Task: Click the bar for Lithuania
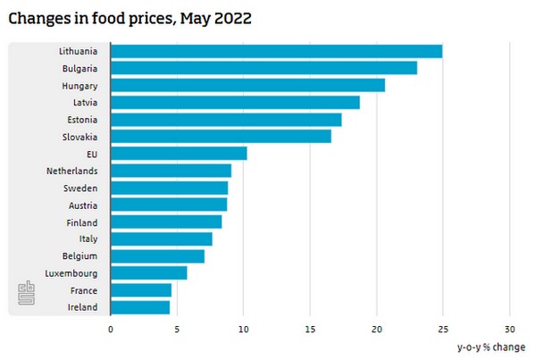click(276, 51)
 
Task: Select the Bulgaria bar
click(264, 68)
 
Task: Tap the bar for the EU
click(179, 154)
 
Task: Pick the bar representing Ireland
click(140, 307)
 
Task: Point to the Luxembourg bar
click(149, 273)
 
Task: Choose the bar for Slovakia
click(221, 137)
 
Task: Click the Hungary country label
click(80, 85)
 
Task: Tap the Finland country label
click(82, 222)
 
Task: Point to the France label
click(83, 290)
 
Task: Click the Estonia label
click(82, 119)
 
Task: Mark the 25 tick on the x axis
click(443, 329)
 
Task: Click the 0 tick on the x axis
click(111, 329)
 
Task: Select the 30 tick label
click(510, 329)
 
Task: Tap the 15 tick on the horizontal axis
click(310, 329)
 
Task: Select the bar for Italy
click(162, 239)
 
